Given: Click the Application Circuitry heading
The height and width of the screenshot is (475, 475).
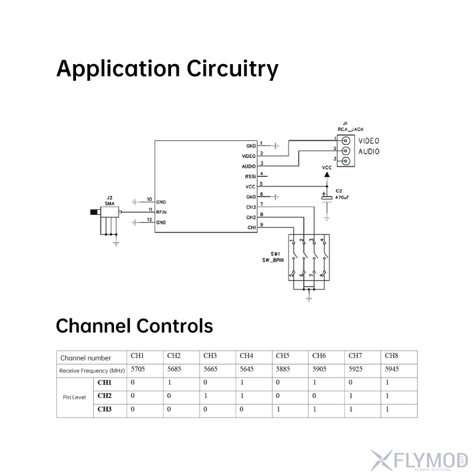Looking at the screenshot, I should click(x=167, y=69).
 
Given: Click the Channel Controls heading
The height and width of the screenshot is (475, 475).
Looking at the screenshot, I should click(x=134, y=326).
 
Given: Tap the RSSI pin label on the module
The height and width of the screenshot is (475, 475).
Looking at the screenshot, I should click(x=250, y=176).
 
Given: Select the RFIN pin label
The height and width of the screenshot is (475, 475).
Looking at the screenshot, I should click(x=161, y=211).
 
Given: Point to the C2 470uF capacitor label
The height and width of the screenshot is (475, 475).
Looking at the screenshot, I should click(x=340, y=194).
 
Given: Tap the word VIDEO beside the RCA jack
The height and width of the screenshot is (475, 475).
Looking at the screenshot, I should click(x=368, y=141).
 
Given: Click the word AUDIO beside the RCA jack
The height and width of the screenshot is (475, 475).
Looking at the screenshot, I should click(x=368, y=151).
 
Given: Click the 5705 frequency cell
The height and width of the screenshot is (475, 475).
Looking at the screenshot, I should click(x=137, y=370).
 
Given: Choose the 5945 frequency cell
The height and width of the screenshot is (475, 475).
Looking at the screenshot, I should click(x=392, y=370).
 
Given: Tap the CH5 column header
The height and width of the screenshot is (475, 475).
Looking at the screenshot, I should click(x=283, y=356).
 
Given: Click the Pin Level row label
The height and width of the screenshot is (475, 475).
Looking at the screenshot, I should click(x=75, y=397).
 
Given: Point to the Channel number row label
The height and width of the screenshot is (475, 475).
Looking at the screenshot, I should click(x=85, y=358).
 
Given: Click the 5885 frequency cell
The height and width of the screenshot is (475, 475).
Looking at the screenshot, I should click(x=283, y=370).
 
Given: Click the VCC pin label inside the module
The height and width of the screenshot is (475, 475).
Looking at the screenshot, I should click(x=250, y=186).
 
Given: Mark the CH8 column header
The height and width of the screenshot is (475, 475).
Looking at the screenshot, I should click(x=391, y=356).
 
